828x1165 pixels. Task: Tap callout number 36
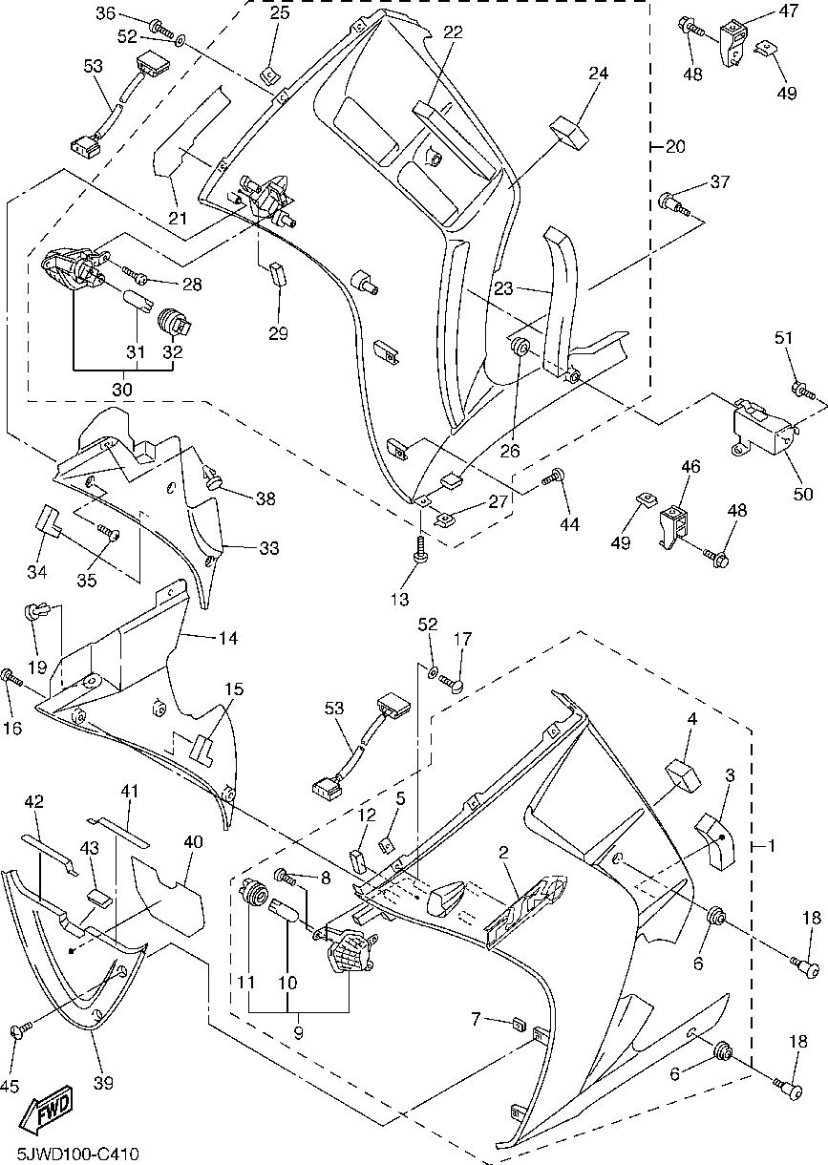(x=106, y=13)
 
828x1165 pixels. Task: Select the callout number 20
(x=675, y=146)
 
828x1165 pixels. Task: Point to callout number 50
(x=803, y=494)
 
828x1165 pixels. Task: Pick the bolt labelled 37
(x=669, y=203)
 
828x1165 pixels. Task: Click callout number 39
(x=103, y=1082)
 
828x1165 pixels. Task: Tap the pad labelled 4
(x=681, y=770)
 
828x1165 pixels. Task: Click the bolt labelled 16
(x=12, y=679)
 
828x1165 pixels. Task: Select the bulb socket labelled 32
(x=173, y=320)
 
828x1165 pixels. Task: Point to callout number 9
(x=299, y=1032)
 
